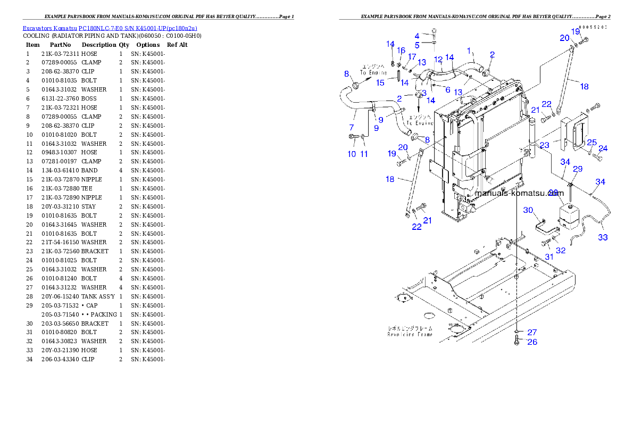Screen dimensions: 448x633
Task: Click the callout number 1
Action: click(469, 51)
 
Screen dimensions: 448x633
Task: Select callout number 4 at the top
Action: click(417, 36)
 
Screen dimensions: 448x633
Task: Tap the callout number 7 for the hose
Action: click(352, 128)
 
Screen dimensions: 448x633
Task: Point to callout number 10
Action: click(352, 154)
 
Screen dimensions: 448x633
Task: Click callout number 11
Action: click(364, 154)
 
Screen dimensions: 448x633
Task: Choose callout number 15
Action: click(380, 82)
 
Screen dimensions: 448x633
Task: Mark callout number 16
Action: click(401, 51)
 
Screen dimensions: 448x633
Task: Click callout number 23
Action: click(545, 145)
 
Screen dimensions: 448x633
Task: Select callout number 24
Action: click(603, 148)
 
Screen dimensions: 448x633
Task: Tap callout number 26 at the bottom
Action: click(532, 342)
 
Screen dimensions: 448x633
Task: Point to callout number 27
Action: click(532, 333)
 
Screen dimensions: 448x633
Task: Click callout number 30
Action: click(528, 210)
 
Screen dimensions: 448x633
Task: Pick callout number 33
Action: click(603, 237)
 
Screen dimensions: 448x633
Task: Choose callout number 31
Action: click(549, 256)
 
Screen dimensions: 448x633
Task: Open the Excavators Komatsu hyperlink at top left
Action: click(110, 28)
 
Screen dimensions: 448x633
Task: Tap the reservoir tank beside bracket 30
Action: click(568, 215)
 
